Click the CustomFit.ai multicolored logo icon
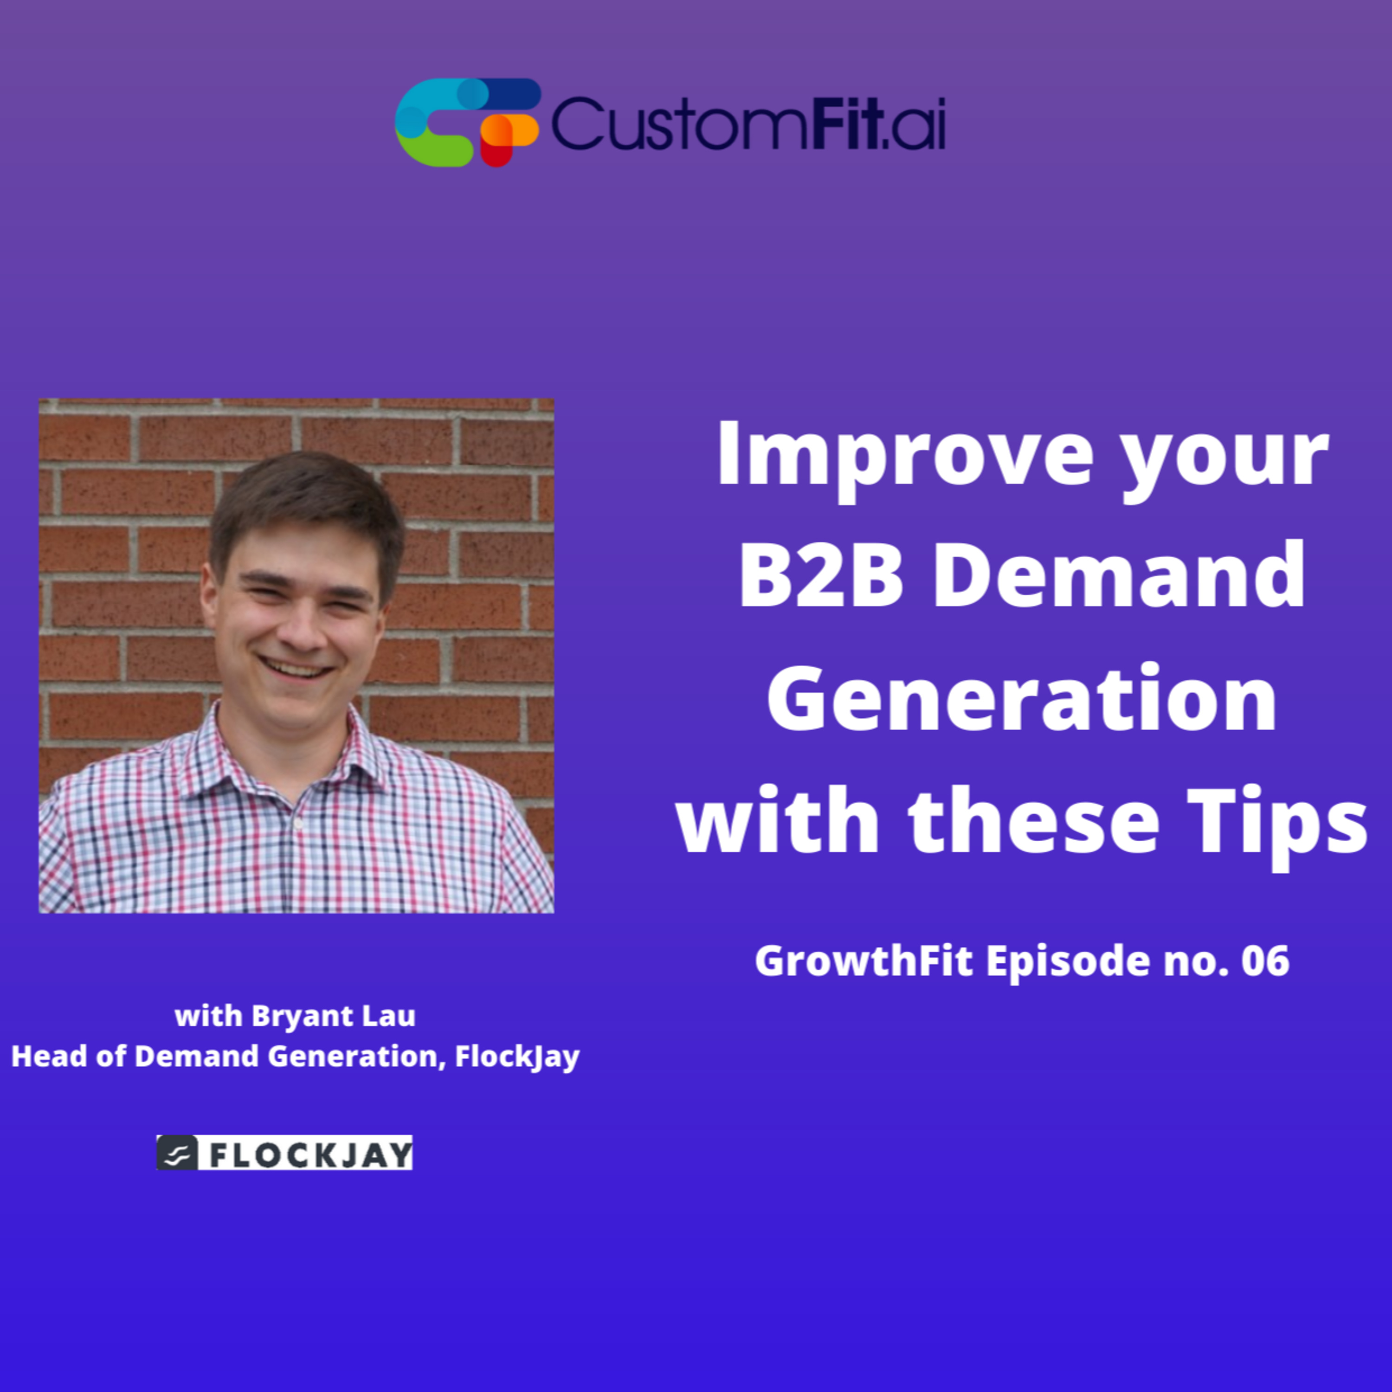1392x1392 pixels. pyautogui.click(x=467, y=122)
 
